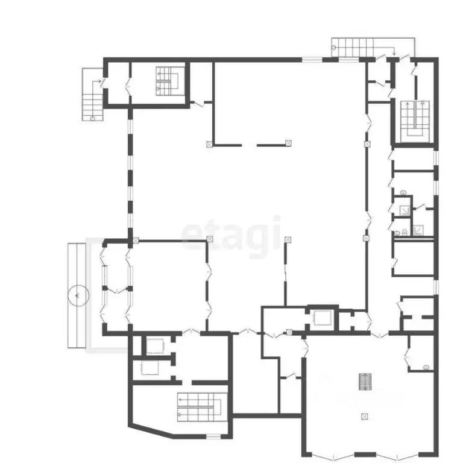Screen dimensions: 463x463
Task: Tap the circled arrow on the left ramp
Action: (78, 295)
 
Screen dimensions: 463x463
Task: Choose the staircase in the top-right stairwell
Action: (415, 119)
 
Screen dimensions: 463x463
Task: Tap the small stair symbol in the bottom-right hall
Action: (364, 381)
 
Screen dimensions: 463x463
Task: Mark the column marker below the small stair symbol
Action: (364, 415)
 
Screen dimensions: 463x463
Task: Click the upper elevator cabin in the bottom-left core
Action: (156, 346)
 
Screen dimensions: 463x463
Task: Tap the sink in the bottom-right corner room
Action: (426, 367)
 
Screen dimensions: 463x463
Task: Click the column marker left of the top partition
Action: (209, 144)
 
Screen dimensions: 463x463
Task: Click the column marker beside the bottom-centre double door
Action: (289, 332)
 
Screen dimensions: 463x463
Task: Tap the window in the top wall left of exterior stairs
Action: (312, 60)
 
